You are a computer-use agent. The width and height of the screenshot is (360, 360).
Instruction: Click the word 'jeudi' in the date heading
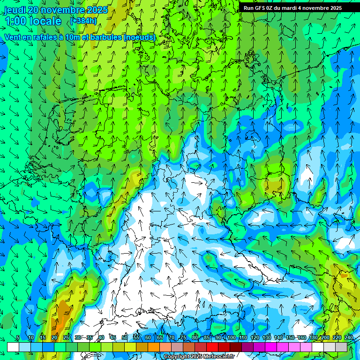click(x=15, y=10)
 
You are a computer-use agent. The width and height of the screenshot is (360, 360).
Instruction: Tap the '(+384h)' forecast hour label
click(x=84, y=21)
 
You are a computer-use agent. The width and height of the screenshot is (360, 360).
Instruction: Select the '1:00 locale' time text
click(x=33, y=21)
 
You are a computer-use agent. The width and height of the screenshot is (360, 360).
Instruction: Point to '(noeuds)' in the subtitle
click(x=139, y=37)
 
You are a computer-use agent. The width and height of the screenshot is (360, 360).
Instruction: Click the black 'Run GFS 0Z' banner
click(x=292, y=8)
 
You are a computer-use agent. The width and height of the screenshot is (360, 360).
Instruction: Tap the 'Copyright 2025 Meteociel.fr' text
click(x=199, y=357)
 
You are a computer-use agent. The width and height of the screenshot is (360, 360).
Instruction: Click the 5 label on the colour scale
click(x=18, y=337)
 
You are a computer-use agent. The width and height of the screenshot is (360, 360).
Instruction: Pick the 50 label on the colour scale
click(x=124, y=337)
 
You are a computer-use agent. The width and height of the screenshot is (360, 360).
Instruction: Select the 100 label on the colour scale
click(x=231, y=337)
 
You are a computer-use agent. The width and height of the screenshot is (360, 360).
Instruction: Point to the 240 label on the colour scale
click(x=349, y=337)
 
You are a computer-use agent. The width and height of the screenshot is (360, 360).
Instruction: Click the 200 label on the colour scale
click(x=325, y=337)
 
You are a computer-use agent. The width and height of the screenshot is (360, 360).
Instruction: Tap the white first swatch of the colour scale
click(x=13, y=347)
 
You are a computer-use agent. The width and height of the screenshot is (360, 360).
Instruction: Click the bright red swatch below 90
click(x=212, y=347)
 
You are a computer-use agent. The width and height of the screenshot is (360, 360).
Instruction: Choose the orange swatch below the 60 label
click(x=142, y=347)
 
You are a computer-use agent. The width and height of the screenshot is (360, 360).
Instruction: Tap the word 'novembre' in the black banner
click(x=313, y=8)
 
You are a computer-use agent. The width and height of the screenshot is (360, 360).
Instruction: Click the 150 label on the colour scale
click(x=290, y=337)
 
